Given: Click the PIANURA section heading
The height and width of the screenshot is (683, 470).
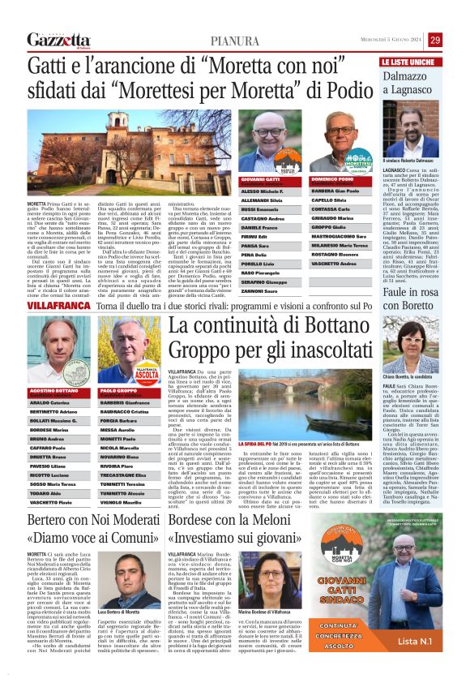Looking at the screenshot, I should click(234, 41).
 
